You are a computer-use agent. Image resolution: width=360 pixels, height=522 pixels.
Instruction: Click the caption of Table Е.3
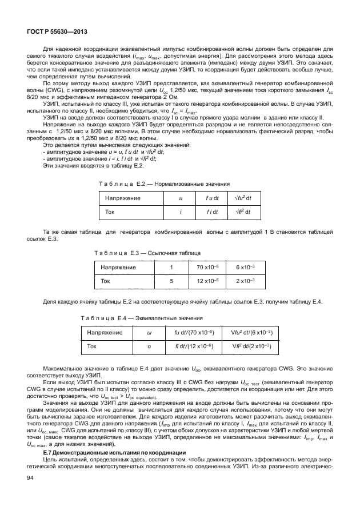(147, 252)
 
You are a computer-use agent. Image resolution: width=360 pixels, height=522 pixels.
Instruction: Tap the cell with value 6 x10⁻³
(242, 267)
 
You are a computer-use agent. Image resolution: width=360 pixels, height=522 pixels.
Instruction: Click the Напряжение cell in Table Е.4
(104, 332)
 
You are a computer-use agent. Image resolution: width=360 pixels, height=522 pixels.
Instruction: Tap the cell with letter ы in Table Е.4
(149, 332)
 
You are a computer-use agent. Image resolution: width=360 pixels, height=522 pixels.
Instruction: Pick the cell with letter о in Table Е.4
(149, 346)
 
